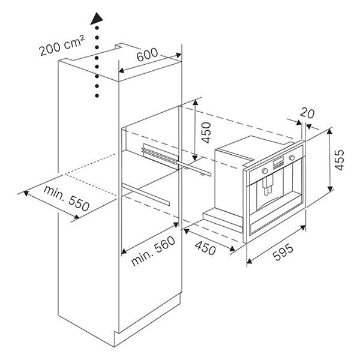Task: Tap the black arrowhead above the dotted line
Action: click(x=97, y=19)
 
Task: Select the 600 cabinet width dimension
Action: click(x=147, y=55)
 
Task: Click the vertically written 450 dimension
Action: click(x=206, y=133)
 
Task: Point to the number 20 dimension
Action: click(x=307, y=113)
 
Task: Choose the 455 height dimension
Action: click(x=340, y=160)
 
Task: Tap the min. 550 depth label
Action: click(x=67, y=199)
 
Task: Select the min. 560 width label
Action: click(x=153, y=251)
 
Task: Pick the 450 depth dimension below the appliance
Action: click(x=205, y=248)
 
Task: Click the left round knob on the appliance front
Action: click(x=265, y=170)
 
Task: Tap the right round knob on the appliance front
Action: click(x=292, y=158)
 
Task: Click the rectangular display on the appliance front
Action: click(x=278, y=161)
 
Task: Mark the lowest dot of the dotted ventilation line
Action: click(x=97, y=95)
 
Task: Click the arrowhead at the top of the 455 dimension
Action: click(x=330, y=131)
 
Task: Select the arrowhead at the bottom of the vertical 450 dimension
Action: click(x=194, y=158)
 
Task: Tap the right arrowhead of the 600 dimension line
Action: click(x=178, y=55)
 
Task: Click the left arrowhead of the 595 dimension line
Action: click(x=249, y=260)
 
